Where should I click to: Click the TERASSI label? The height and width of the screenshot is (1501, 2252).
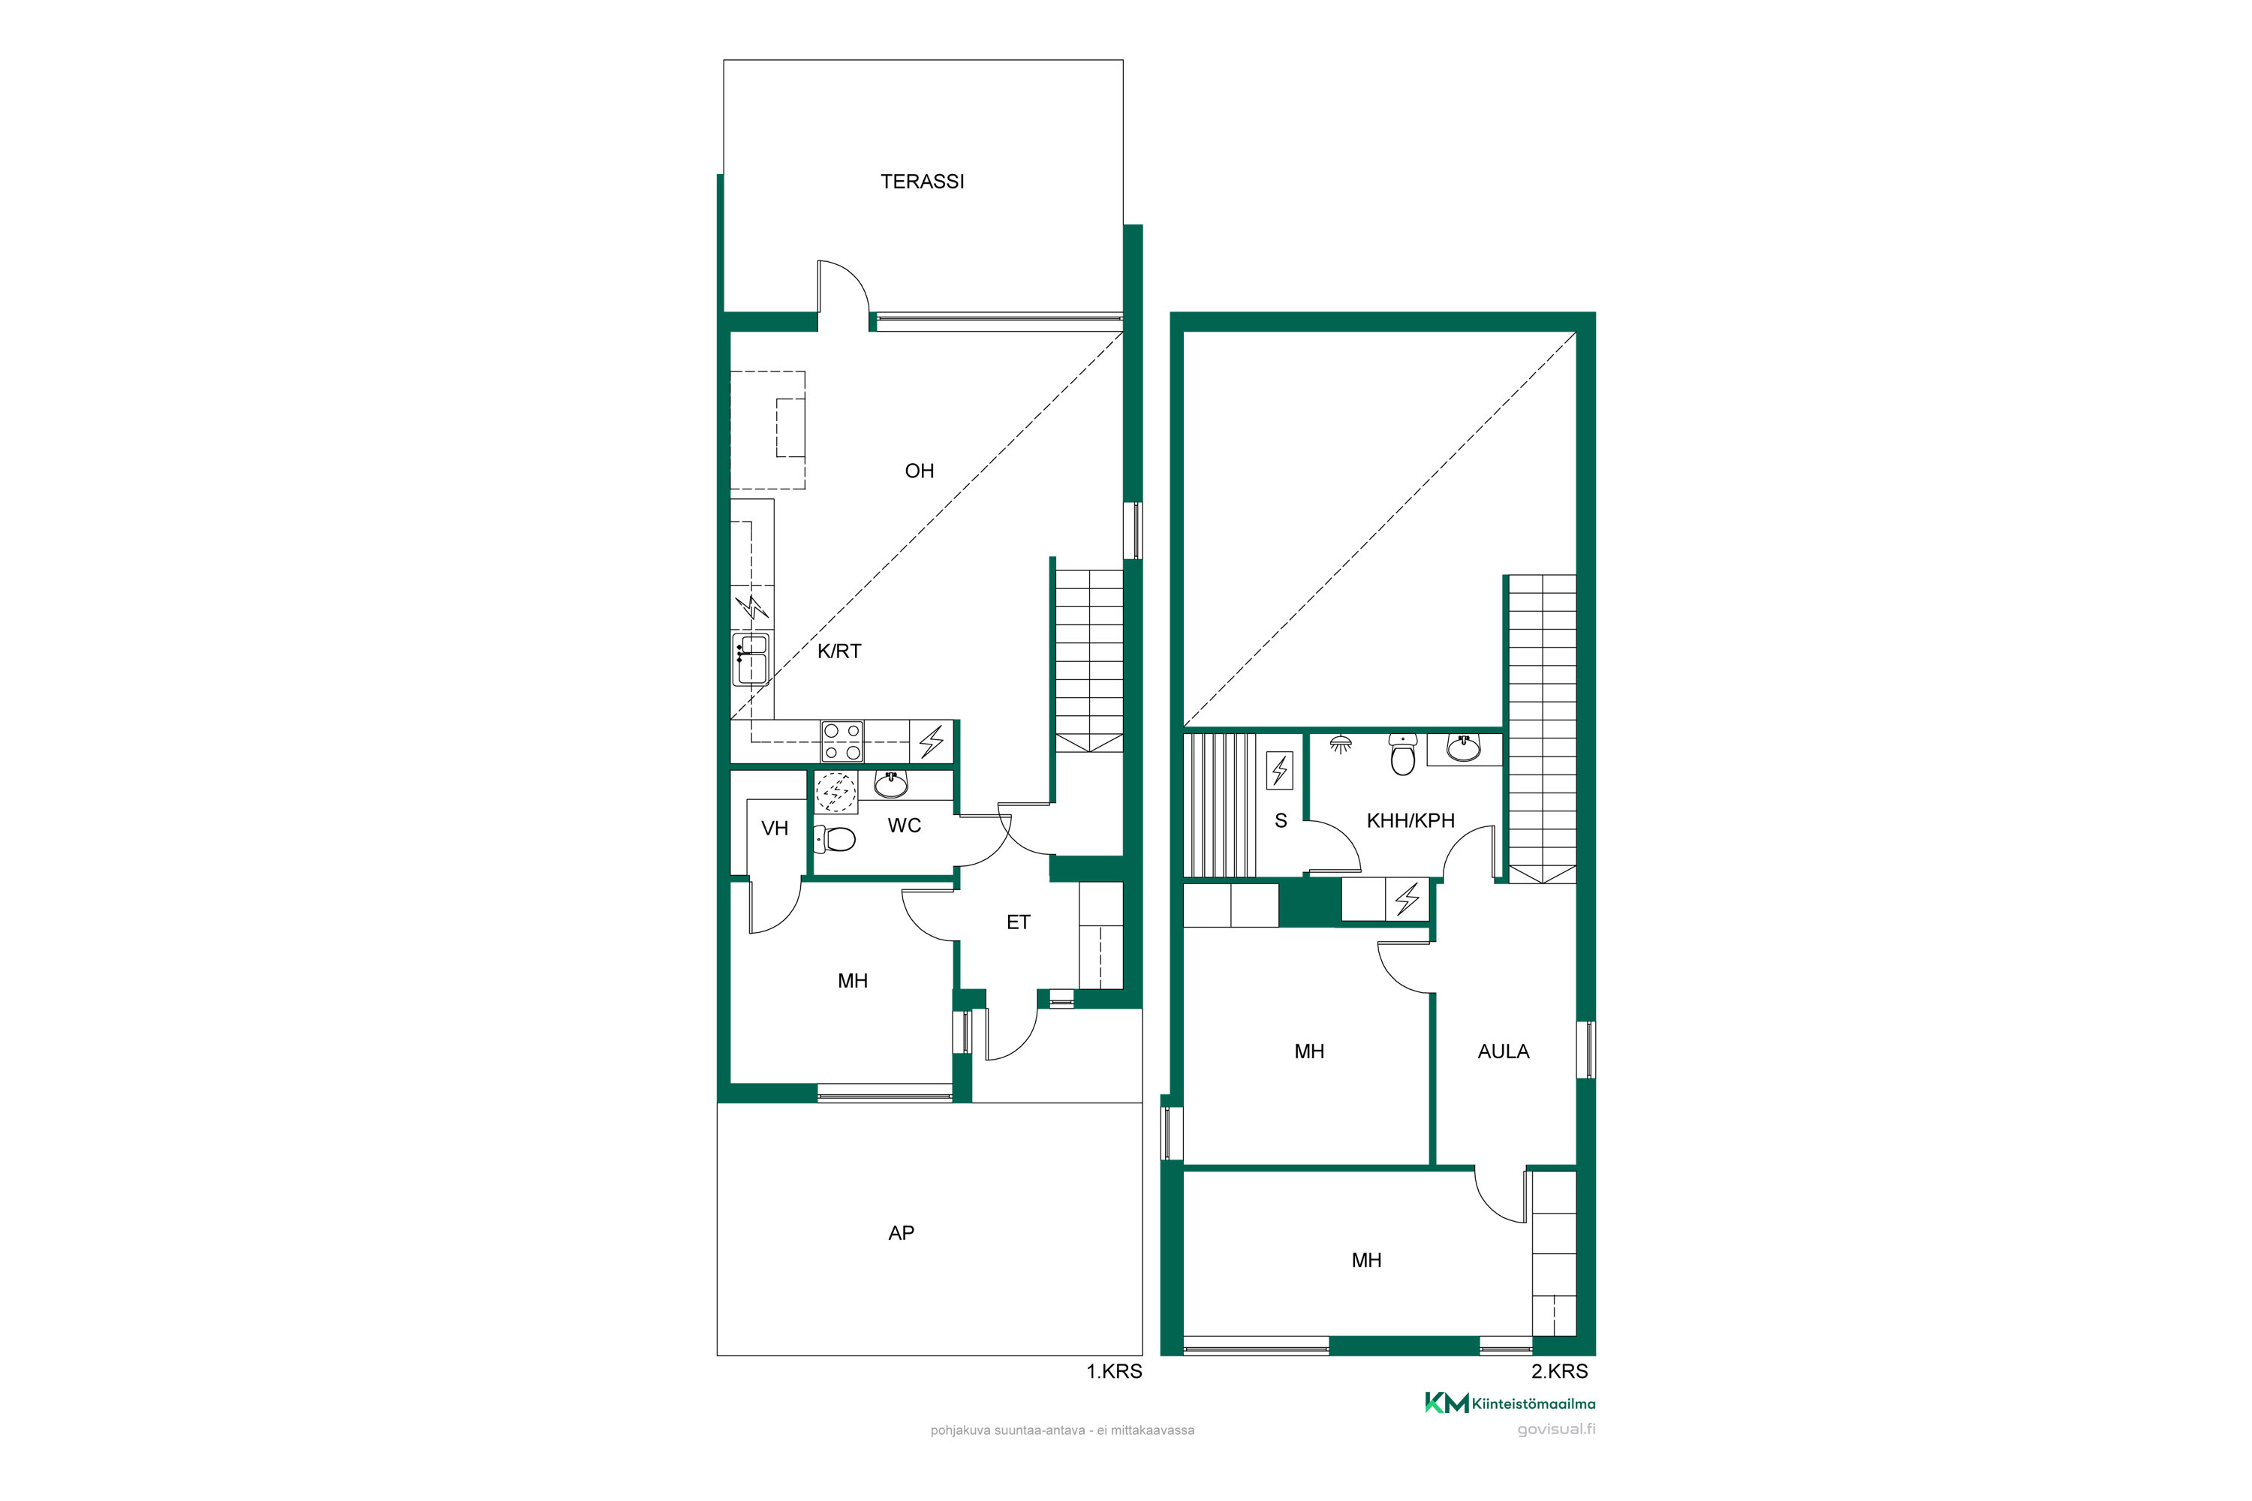point(922,182)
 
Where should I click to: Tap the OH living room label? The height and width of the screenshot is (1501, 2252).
point(919,471)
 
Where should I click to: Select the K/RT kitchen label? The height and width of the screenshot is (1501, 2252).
point(838,651)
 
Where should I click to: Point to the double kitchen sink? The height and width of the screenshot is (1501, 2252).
point(751,660)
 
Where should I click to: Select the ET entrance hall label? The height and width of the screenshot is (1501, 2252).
point(1018,922)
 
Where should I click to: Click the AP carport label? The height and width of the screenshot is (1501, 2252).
point(901,1233)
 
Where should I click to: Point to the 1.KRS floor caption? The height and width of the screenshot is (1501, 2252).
point(1113,1371)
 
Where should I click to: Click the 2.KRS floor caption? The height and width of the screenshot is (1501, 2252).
point(1559,1371)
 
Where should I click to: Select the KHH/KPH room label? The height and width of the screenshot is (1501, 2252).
point(1411,820)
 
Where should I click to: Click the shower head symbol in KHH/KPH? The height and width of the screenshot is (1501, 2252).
point(1341,743)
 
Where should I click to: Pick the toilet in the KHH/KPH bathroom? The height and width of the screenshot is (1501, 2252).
point(1403,754)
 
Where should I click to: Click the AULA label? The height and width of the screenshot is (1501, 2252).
point(1504,1051)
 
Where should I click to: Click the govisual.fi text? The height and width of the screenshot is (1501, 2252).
point(1556,1429)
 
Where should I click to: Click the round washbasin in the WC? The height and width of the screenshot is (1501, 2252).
point(890,785)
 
